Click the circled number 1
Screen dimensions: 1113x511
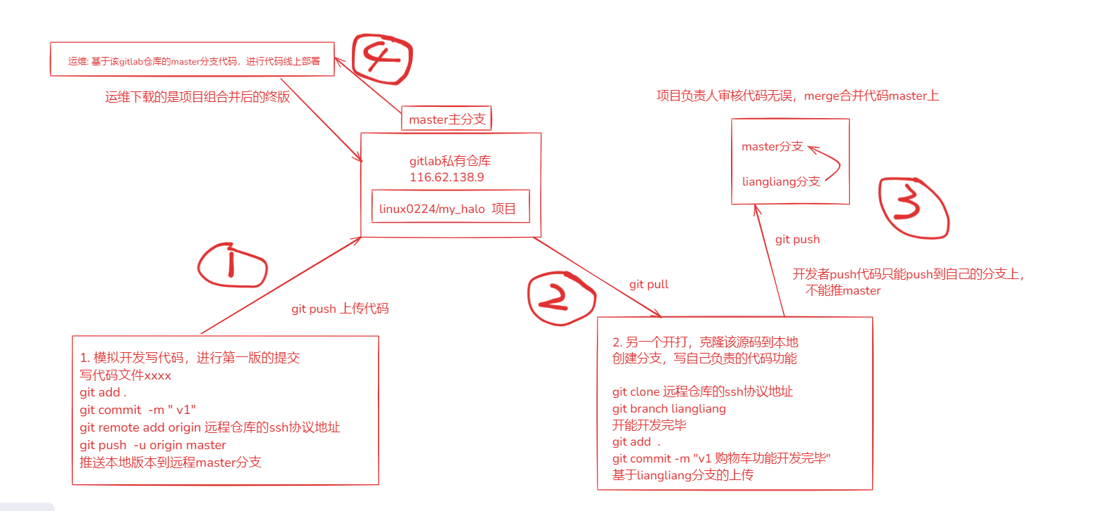point(232,266)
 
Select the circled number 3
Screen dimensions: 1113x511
point(913,207)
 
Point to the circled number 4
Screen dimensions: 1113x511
point(381,58)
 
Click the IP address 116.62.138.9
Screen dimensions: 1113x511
point(447,177)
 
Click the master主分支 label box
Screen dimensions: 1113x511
point(447,119)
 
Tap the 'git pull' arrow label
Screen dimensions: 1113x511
point(648,284)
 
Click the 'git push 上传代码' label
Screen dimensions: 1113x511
point(340,309)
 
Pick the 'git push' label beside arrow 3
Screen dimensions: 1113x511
point(797,239)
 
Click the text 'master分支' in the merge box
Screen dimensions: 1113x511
point(772,146)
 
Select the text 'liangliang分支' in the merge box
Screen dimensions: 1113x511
point(780,181)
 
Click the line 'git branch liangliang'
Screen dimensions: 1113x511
point(669,408)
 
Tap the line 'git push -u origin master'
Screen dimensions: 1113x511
point(152,445)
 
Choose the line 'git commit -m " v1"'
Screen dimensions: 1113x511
point(138,410)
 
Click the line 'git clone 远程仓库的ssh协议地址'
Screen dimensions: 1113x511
point(702,392)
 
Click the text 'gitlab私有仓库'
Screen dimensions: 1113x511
point(450,161)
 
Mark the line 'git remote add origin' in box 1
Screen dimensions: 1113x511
point(209,427)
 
